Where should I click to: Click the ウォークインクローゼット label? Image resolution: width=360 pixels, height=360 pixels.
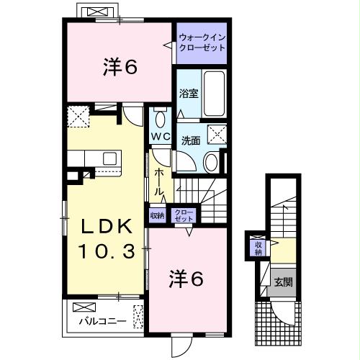click(202, 42)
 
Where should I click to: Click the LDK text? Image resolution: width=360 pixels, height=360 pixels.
click(105, 227)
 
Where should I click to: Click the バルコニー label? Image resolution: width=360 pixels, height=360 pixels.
click(102, 320)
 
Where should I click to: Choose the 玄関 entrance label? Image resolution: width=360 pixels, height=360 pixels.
click(282, 281)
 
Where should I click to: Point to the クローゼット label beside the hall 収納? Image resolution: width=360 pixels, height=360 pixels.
click(184, 214)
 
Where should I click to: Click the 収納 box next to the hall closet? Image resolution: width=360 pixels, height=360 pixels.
click(158, 214)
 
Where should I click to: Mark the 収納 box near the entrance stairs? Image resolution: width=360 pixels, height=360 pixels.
click(258, 248)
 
